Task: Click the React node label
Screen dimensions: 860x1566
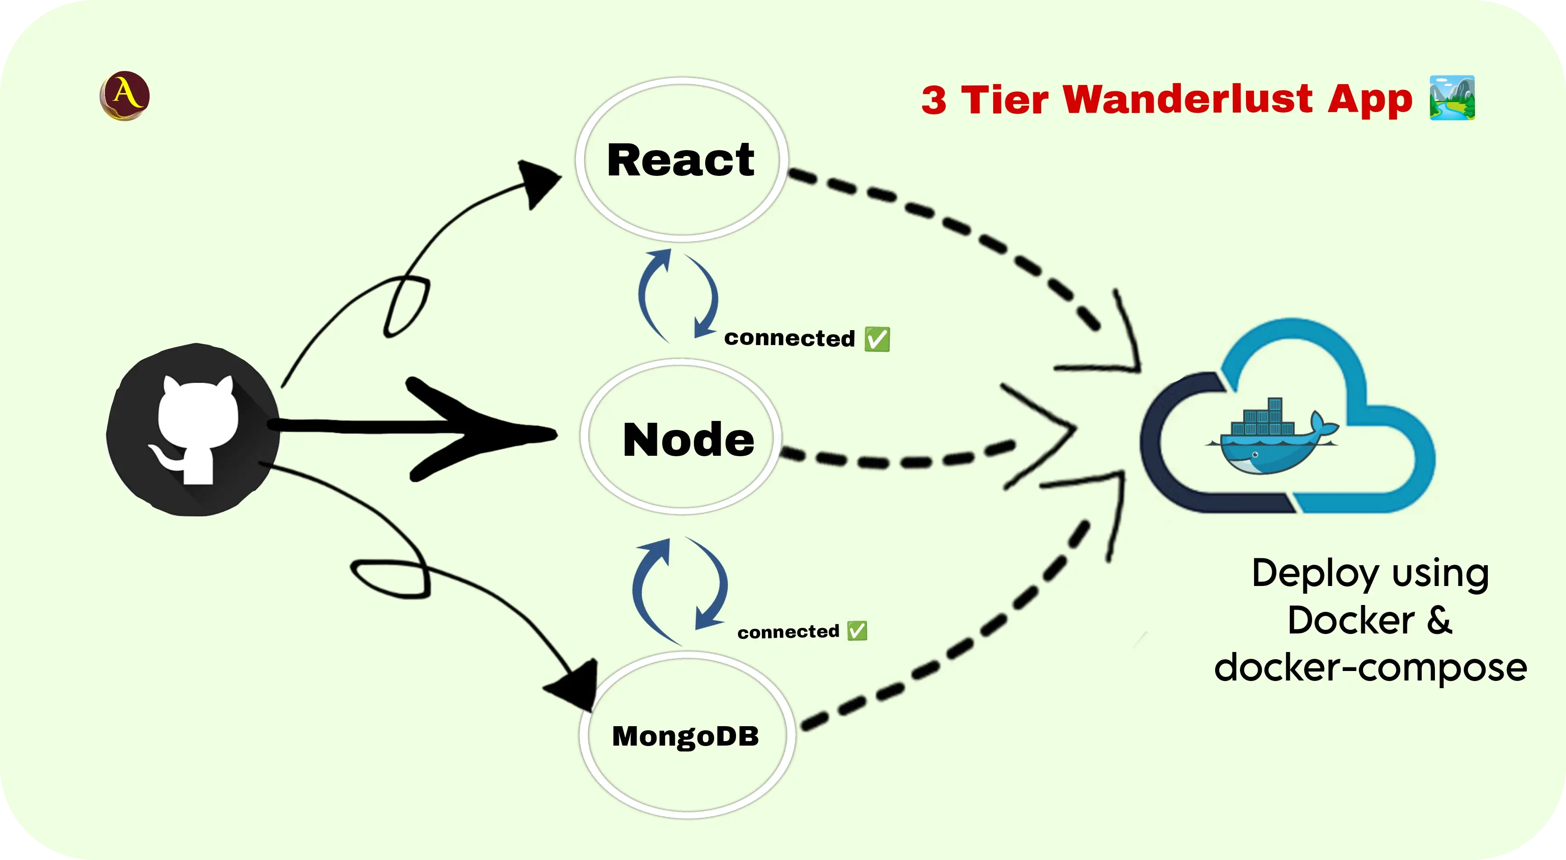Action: click(680, 160)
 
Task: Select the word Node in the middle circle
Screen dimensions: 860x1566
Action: click(688, 439)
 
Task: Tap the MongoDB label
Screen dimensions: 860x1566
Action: click(685, 736)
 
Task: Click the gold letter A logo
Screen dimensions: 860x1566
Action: click(125, 95)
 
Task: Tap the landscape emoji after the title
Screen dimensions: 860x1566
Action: click(1452, 98)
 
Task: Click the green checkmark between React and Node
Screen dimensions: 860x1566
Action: click(877, 339)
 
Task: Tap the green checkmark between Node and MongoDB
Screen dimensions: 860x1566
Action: click(857, 631)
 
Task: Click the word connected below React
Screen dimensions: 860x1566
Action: click(789, 338)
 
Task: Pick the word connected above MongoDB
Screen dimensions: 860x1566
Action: click(788, 632)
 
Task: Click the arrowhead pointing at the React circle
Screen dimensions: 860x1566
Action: click(538, 183)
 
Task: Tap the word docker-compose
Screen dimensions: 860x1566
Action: click(1370, 667)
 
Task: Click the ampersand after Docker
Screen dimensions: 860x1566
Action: click(1439, 620)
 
